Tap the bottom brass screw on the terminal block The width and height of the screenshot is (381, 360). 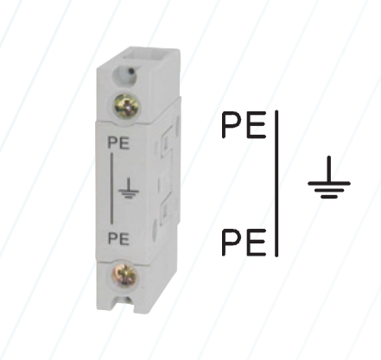pos(125,275)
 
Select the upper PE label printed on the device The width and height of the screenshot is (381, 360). pos(118,143)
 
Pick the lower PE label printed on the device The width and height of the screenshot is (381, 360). pos(118,239)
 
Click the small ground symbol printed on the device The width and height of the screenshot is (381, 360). pos(129,188)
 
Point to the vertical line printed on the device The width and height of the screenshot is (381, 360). pos(111,189)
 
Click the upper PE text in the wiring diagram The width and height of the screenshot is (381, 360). pos(244,125)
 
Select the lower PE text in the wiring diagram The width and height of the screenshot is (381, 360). pos(244,243)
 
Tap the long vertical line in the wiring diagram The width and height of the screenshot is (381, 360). pos(276,183)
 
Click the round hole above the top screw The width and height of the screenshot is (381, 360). pos(125,76)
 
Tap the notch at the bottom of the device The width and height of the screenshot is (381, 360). pos(125,305)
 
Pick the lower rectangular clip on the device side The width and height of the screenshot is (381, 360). pos(166,212)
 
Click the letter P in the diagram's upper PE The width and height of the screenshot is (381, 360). pos(232,125)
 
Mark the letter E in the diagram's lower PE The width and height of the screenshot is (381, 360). pos(256,243)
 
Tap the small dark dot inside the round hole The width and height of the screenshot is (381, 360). pos(131,71)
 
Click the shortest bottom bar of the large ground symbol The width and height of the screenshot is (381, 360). pos(329,197)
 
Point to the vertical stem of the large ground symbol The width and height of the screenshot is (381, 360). pos(329,169)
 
